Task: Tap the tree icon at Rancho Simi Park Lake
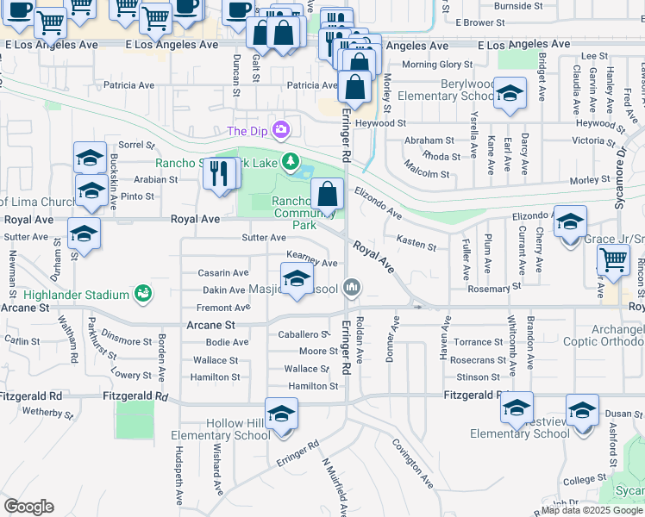291,161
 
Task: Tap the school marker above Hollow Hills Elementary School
281,414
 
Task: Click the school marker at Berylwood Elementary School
510,91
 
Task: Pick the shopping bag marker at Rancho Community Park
328,194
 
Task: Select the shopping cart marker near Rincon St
613,259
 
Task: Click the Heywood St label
405,123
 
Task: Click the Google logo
28,507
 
